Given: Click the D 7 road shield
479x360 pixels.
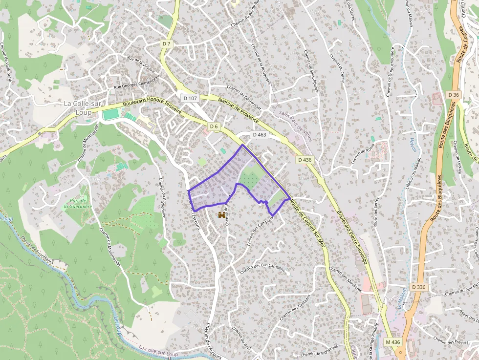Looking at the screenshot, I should click(x=167, y=44).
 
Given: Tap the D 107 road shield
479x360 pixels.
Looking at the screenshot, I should click(x=190, y=98).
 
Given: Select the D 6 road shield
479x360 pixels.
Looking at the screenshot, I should click(x=214, y=127).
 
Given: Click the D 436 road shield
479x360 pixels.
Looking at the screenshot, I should click(x=304, y=160).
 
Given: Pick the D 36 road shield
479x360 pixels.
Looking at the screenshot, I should click(x=453, y=94).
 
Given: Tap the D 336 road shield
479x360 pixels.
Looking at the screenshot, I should click(x=418, y=287).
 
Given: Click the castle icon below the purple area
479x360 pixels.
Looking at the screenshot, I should click(x=222, y=215).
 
